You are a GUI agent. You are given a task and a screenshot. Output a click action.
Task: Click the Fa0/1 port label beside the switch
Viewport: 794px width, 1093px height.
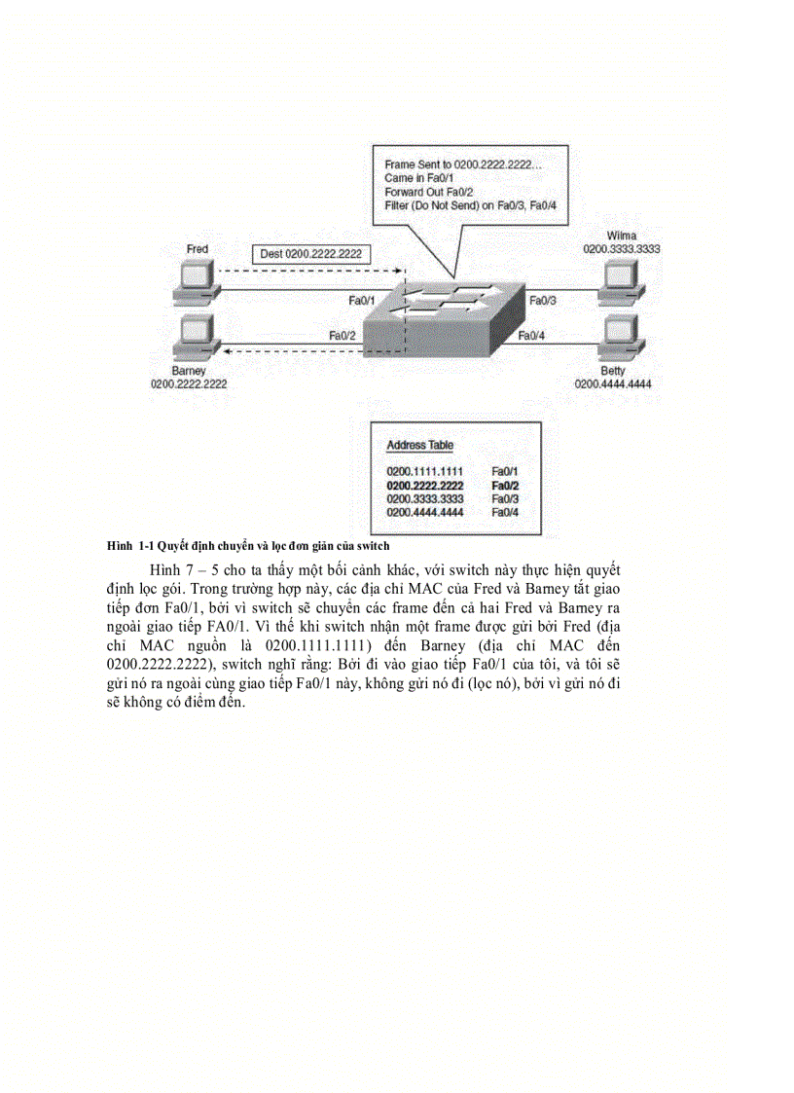[x=362, y=301]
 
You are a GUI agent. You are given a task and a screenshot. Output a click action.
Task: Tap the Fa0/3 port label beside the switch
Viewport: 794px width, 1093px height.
[x=543, y=302]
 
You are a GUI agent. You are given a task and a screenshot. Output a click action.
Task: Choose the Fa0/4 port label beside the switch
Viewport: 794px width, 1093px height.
[x=531, y=336]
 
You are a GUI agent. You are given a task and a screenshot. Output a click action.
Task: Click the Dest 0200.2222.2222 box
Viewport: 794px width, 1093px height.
[x=311, y=254]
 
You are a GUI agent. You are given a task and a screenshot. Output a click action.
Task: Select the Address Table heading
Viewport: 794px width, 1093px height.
[x=419, y=445]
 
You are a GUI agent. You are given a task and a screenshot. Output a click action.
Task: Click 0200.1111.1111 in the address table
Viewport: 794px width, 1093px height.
[x=424, y=471]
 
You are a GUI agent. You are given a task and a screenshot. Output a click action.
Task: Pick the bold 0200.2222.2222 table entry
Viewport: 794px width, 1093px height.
[x=424, y=485]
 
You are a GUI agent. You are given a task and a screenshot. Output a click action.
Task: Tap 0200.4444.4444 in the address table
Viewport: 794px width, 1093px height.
[x=424, y=512]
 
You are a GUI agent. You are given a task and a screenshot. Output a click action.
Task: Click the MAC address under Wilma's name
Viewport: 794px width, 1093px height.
[x=622, y=250]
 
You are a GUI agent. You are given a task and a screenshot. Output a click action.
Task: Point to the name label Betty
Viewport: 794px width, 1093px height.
[x=613, y=371]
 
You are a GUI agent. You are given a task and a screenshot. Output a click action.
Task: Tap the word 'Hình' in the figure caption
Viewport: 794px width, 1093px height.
[x=119, y=546]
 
